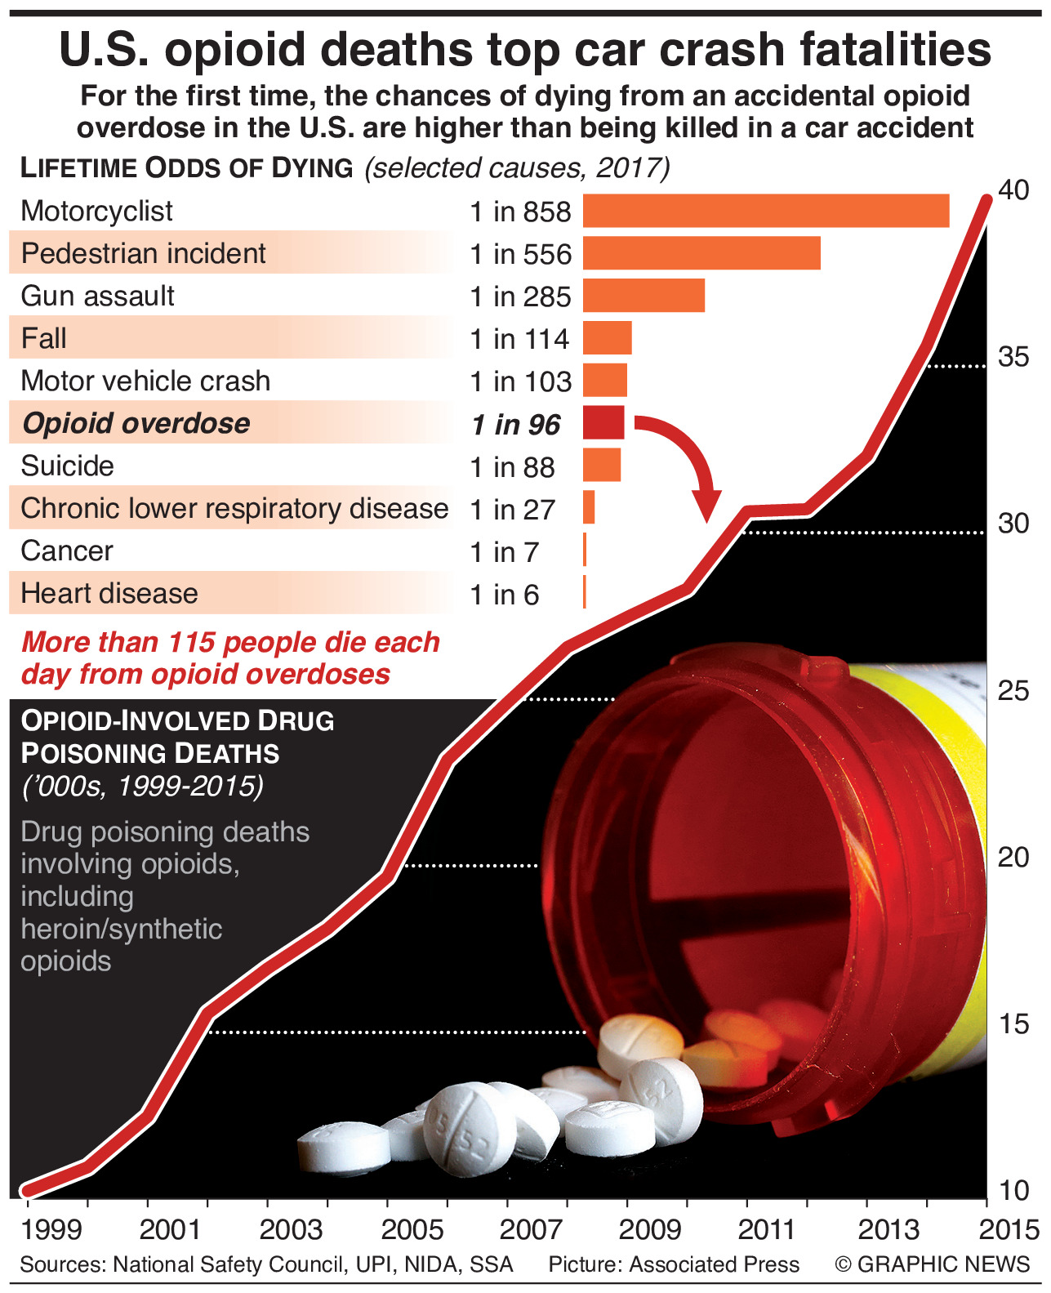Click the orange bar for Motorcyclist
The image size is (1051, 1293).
(x=765, y=211)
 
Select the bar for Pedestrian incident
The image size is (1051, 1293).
(x=701, y=253)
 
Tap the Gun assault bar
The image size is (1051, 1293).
(x=644, y=296)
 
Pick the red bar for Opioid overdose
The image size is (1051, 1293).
(x=603, y=423)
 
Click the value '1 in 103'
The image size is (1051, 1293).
(x=520, y=381)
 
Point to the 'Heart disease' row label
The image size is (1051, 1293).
(x=109, y=593)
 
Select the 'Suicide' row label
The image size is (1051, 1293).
(x=67, y=466)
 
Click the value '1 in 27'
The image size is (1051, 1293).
(x=512, y=510)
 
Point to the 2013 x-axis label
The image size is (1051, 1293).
(x=889, y=1228)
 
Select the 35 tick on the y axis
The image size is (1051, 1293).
(x=1013, y=357)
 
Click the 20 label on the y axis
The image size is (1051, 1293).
(x=1013, y=857)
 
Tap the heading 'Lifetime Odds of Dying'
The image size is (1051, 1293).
(x=186, y=167)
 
